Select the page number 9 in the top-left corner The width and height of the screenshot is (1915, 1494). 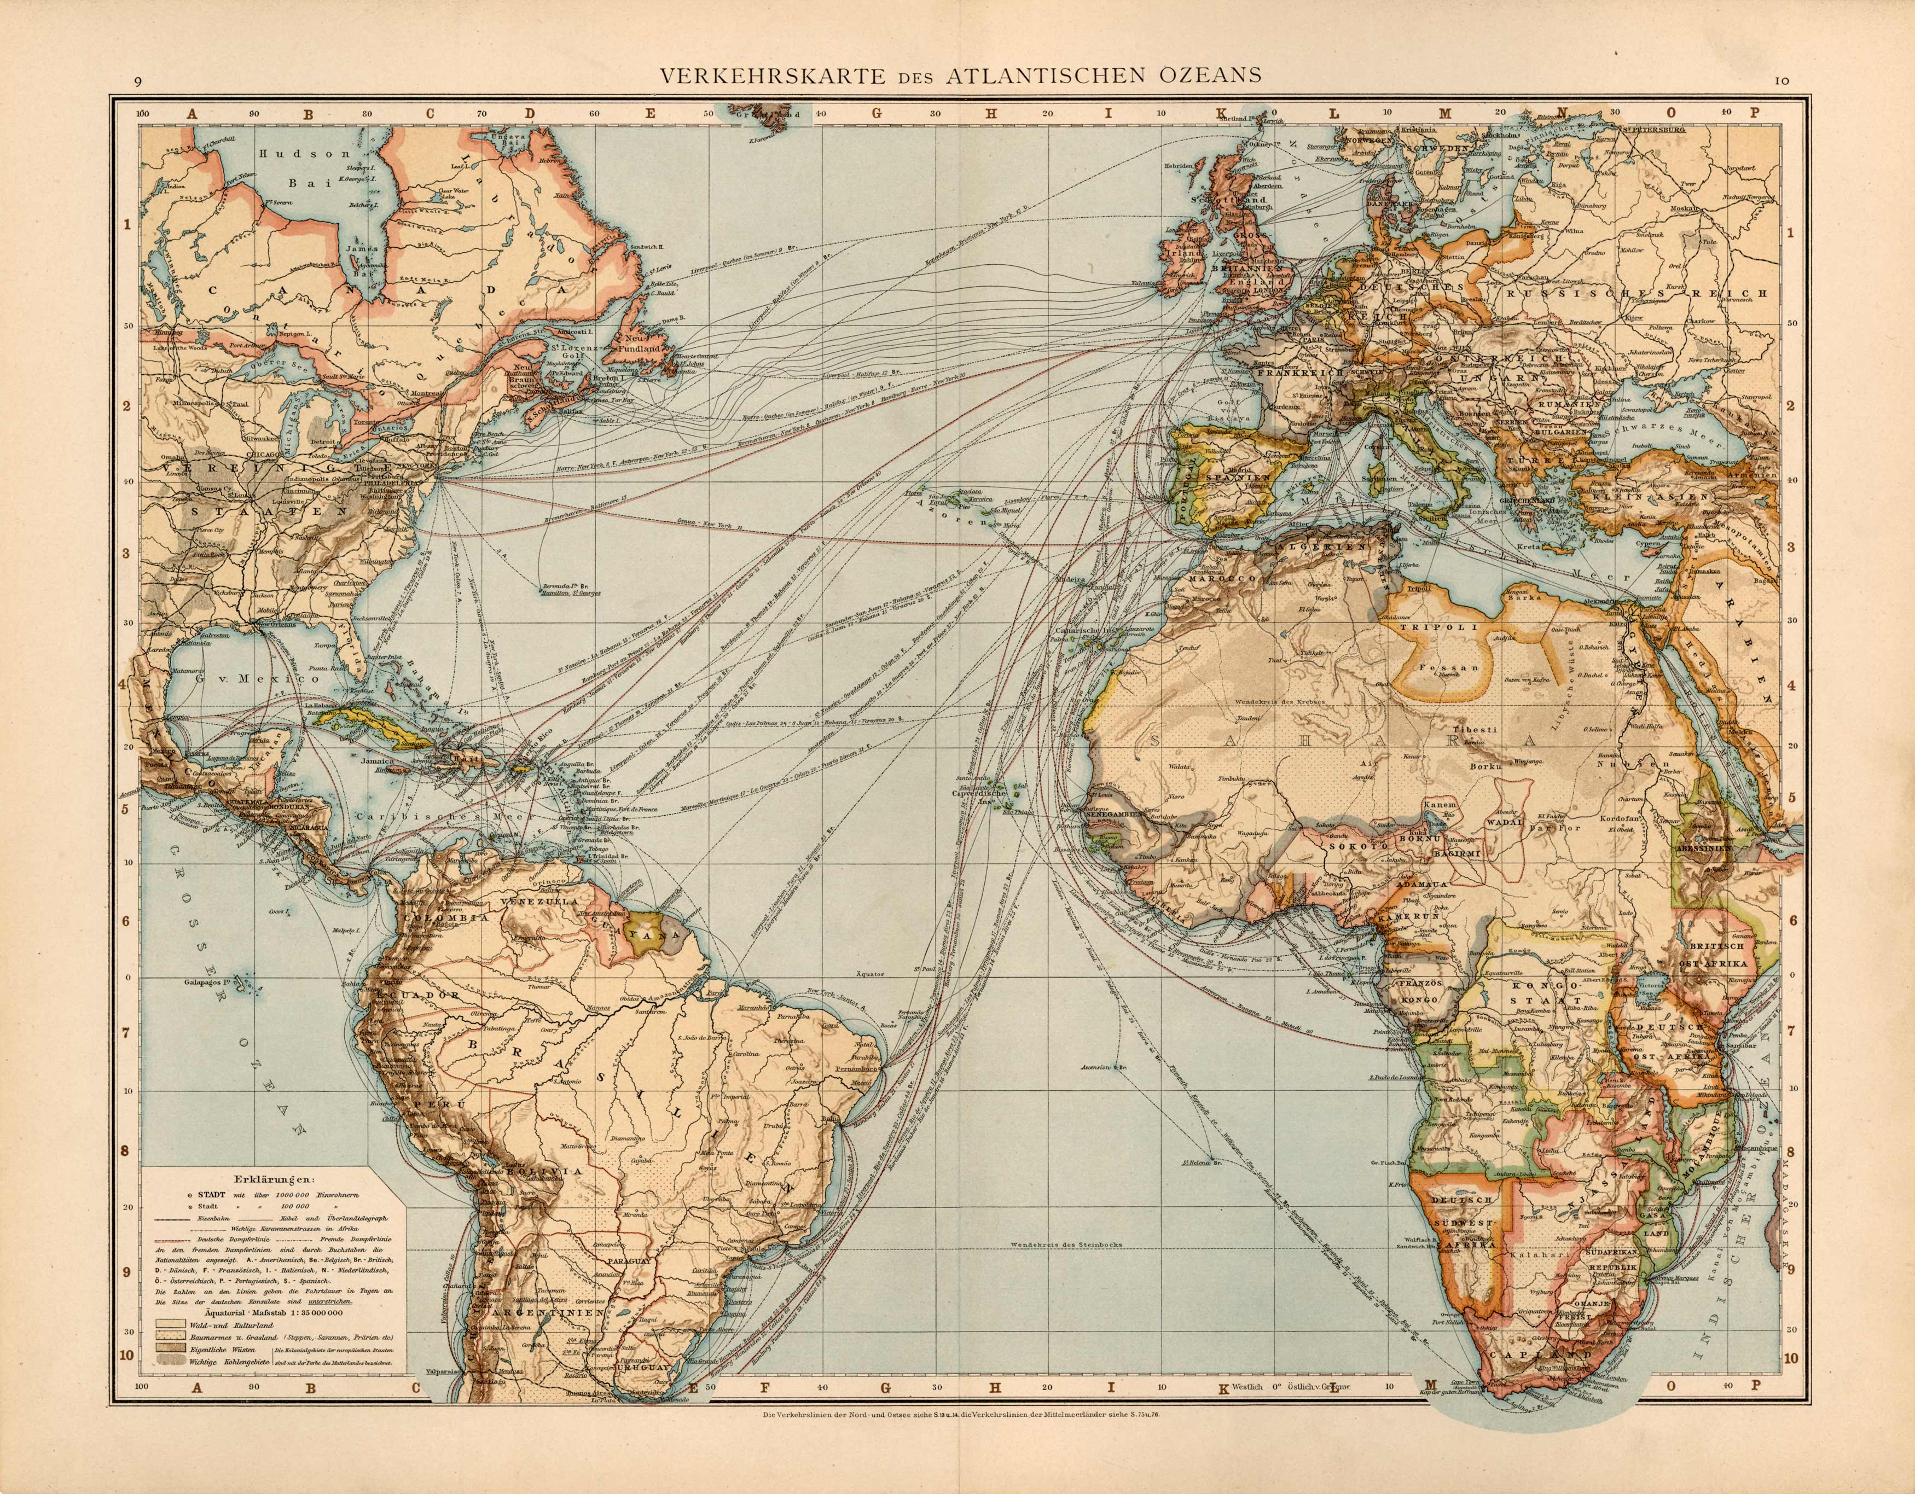[138, 83]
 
